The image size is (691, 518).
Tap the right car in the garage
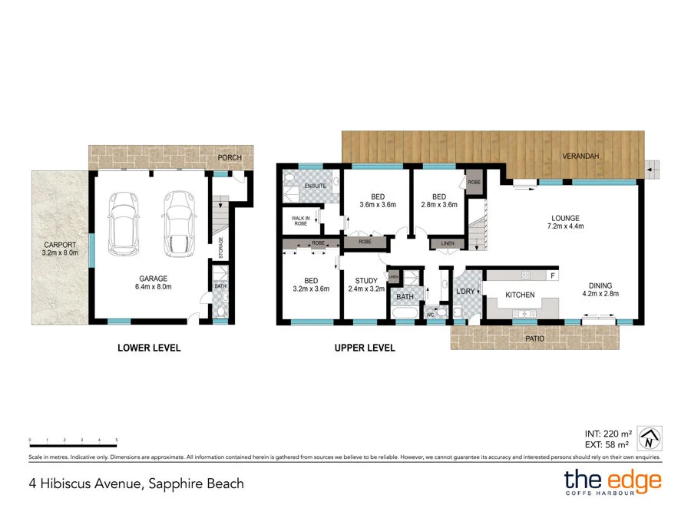(x=177, y=223)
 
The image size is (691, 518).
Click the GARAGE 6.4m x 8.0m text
(x=154, y=283)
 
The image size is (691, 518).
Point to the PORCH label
(x=230, y=158)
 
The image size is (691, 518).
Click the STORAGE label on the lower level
(x=221, y=249)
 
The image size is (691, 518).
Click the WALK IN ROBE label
(x=300, y=221)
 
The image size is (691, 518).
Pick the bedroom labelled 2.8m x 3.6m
(x=438, y=200)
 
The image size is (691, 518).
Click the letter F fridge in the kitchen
(x=551, y=275)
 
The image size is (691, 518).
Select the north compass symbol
(x=650, y=440)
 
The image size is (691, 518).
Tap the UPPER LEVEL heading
(x=364, y=348)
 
